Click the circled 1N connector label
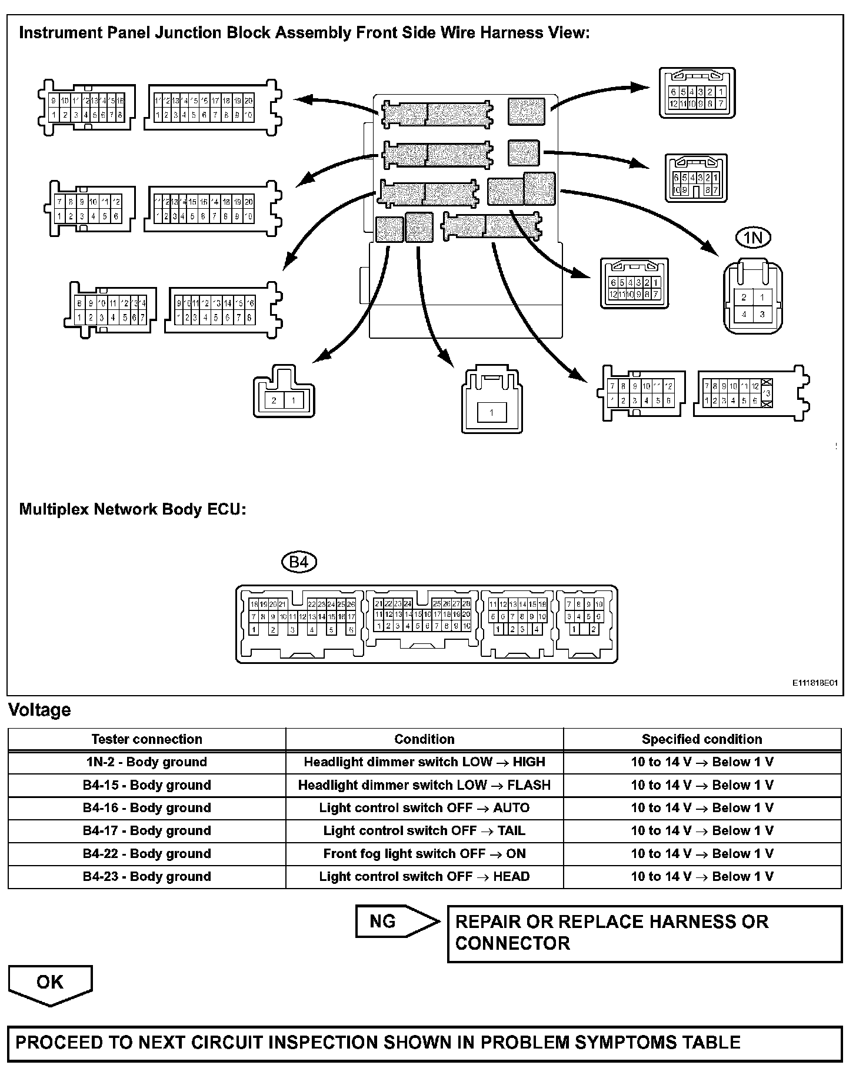753,238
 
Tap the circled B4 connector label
299,562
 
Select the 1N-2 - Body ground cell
146,762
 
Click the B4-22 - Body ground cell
146,853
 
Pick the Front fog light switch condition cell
424,853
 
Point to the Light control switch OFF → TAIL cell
424,830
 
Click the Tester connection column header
146,739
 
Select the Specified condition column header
701,739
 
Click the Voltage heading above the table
39,710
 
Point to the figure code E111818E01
814,683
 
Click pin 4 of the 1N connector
744,315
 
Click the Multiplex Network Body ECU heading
132,509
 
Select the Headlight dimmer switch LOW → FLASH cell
424,785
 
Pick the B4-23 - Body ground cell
146,876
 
